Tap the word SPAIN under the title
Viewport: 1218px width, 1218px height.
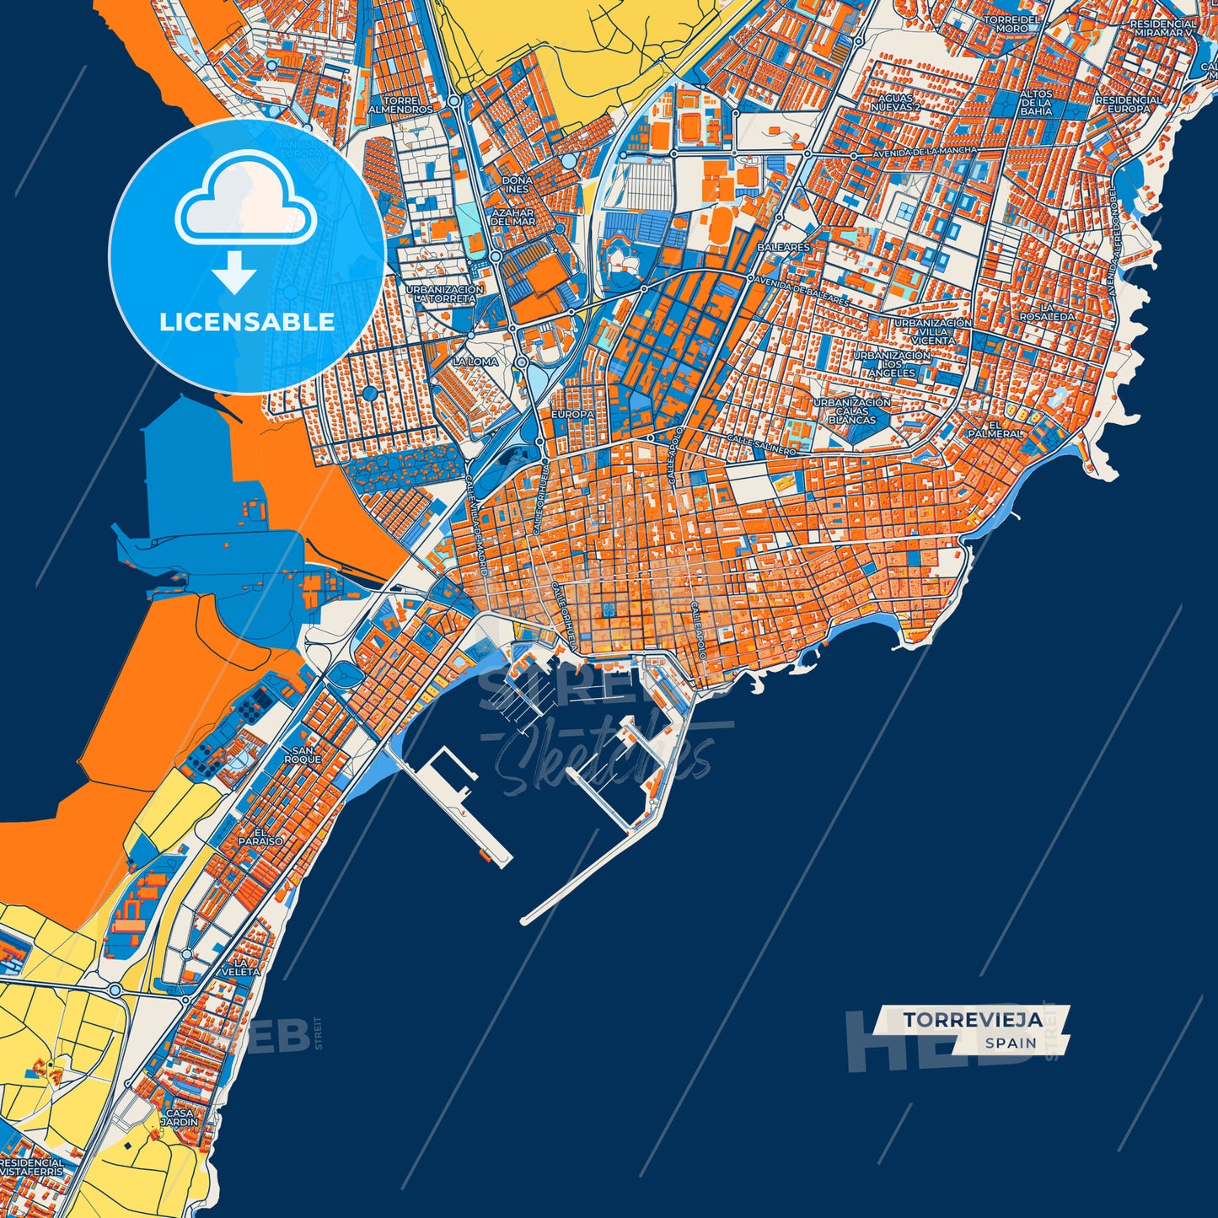(x=1011, y=1043)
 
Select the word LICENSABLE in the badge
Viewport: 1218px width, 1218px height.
(x=247, y=321)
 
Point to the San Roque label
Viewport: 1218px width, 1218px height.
(x=302, y=754)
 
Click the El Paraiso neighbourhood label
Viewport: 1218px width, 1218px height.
(x=260, y=836)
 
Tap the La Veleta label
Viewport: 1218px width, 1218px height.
(x=246, y=967)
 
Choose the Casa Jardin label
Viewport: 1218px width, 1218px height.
(x=180, y=1117)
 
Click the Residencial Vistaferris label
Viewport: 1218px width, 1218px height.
(x=31, y=1167)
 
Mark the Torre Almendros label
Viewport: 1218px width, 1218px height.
(x=401, y=105)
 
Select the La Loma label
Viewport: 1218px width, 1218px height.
(x=475, y=361)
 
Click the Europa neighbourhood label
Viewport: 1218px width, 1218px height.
(x=572, y=415)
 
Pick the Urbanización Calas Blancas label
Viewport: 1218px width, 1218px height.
(x=851, y=410)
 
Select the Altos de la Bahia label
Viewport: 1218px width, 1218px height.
(x=1036, y=102)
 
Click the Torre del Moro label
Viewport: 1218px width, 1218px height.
(x=1011, y=24)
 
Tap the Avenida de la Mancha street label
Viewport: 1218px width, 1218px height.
(x=925, y=150)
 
